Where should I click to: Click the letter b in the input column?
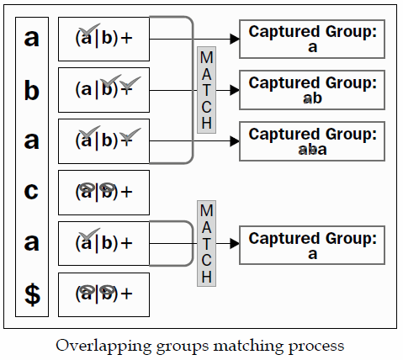32,90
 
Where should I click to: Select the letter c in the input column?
32,192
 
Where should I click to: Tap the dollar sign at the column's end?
32,294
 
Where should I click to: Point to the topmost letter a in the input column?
32,39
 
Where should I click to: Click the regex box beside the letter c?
103,192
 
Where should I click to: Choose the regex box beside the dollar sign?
103,294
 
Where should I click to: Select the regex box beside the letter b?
103,89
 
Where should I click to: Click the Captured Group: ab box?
312,90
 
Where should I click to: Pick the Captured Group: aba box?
312,141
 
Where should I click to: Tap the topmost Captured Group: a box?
312,40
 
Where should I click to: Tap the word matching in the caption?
258,345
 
